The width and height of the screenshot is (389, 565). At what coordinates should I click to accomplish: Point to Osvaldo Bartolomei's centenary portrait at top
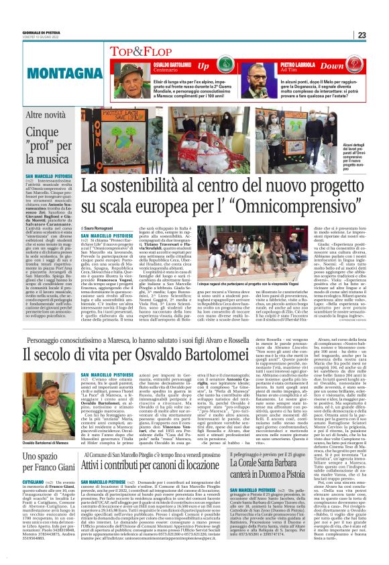131,76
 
